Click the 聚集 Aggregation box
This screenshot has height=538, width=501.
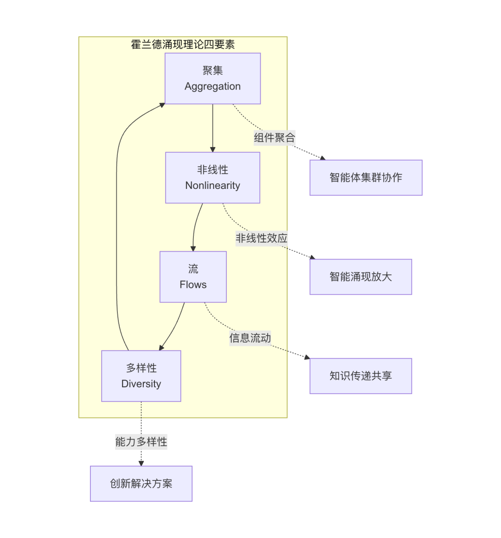click(x=212, y=78)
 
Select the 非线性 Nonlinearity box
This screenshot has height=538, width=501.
click(x=212, y=177)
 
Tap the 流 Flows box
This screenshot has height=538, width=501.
click(x=193, y=277)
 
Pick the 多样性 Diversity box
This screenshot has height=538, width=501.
click(x=141, y=376)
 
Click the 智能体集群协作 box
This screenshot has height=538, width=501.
click(x=366, y=177)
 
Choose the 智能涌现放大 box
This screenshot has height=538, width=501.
click(x=360, y=277)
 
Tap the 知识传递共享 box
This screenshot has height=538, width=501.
click(x=360, y=376)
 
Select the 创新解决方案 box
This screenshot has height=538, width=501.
click(x=141, y=483)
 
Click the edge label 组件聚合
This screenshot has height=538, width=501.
click(x=274, y=138)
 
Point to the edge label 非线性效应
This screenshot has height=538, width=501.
click(x=261, y=238)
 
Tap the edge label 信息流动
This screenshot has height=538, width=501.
click(x=250, y=338)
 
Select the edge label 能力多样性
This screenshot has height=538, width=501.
click(x=141, y=441)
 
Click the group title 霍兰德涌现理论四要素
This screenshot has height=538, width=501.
click(x=183, y=45)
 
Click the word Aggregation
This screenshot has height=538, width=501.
click(x=212, y=86)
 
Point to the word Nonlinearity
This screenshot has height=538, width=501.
click(x=212, y=186)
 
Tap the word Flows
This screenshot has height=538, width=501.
click(x=193, y=285)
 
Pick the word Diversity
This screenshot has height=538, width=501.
click(x=141, y=384)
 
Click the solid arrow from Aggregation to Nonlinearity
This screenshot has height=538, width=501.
click(x=212, y=128)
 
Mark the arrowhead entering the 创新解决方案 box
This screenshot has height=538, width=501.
click(x=141, y=463)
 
